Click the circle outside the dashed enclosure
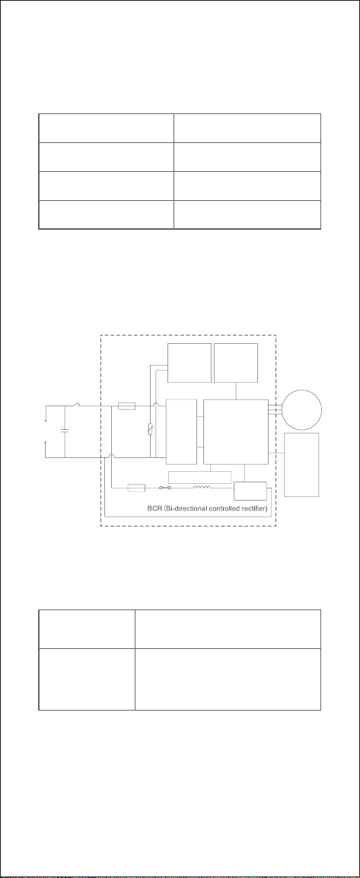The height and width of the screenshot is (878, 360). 301,409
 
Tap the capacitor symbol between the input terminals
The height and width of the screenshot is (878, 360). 65,431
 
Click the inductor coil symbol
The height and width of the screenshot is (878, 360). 202,487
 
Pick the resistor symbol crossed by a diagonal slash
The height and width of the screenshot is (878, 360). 150,429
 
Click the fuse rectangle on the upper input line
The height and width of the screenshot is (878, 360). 127,406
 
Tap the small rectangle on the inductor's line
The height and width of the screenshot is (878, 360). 136,488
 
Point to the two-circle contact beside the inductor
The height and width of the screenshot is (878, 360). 166,488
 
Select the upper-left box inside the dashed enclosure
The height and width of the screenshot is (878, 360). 190,363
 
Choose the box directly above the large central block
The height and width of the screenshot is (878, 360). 236,363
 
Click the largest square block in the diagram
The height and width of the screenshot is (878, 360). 236,431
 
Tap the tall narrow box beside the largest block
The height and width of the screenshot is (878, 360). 181,431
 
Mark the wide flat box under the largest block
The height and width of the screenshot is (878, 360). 200,477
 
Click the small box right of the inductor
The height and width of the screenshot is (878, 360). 250,491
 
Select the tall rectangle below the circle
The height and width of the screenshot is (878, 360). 301,465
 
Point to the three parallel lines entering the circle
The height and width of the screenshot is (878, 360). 276,409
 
